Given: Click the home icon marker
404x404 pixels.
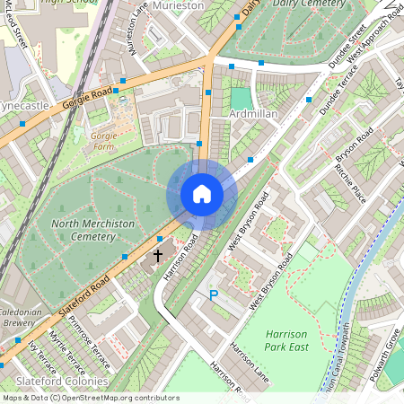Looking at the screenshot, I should [202, 194].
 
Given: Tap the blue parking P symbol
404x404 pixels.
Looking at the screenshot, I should [214, 294].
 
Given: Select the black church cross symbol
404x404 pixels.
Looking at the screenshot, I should [158, 255].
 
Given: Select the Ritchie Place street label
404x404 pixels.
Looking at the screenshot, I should [349, 183].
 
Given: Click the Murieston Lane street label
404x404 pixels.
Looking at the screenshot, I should [139, 27].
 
